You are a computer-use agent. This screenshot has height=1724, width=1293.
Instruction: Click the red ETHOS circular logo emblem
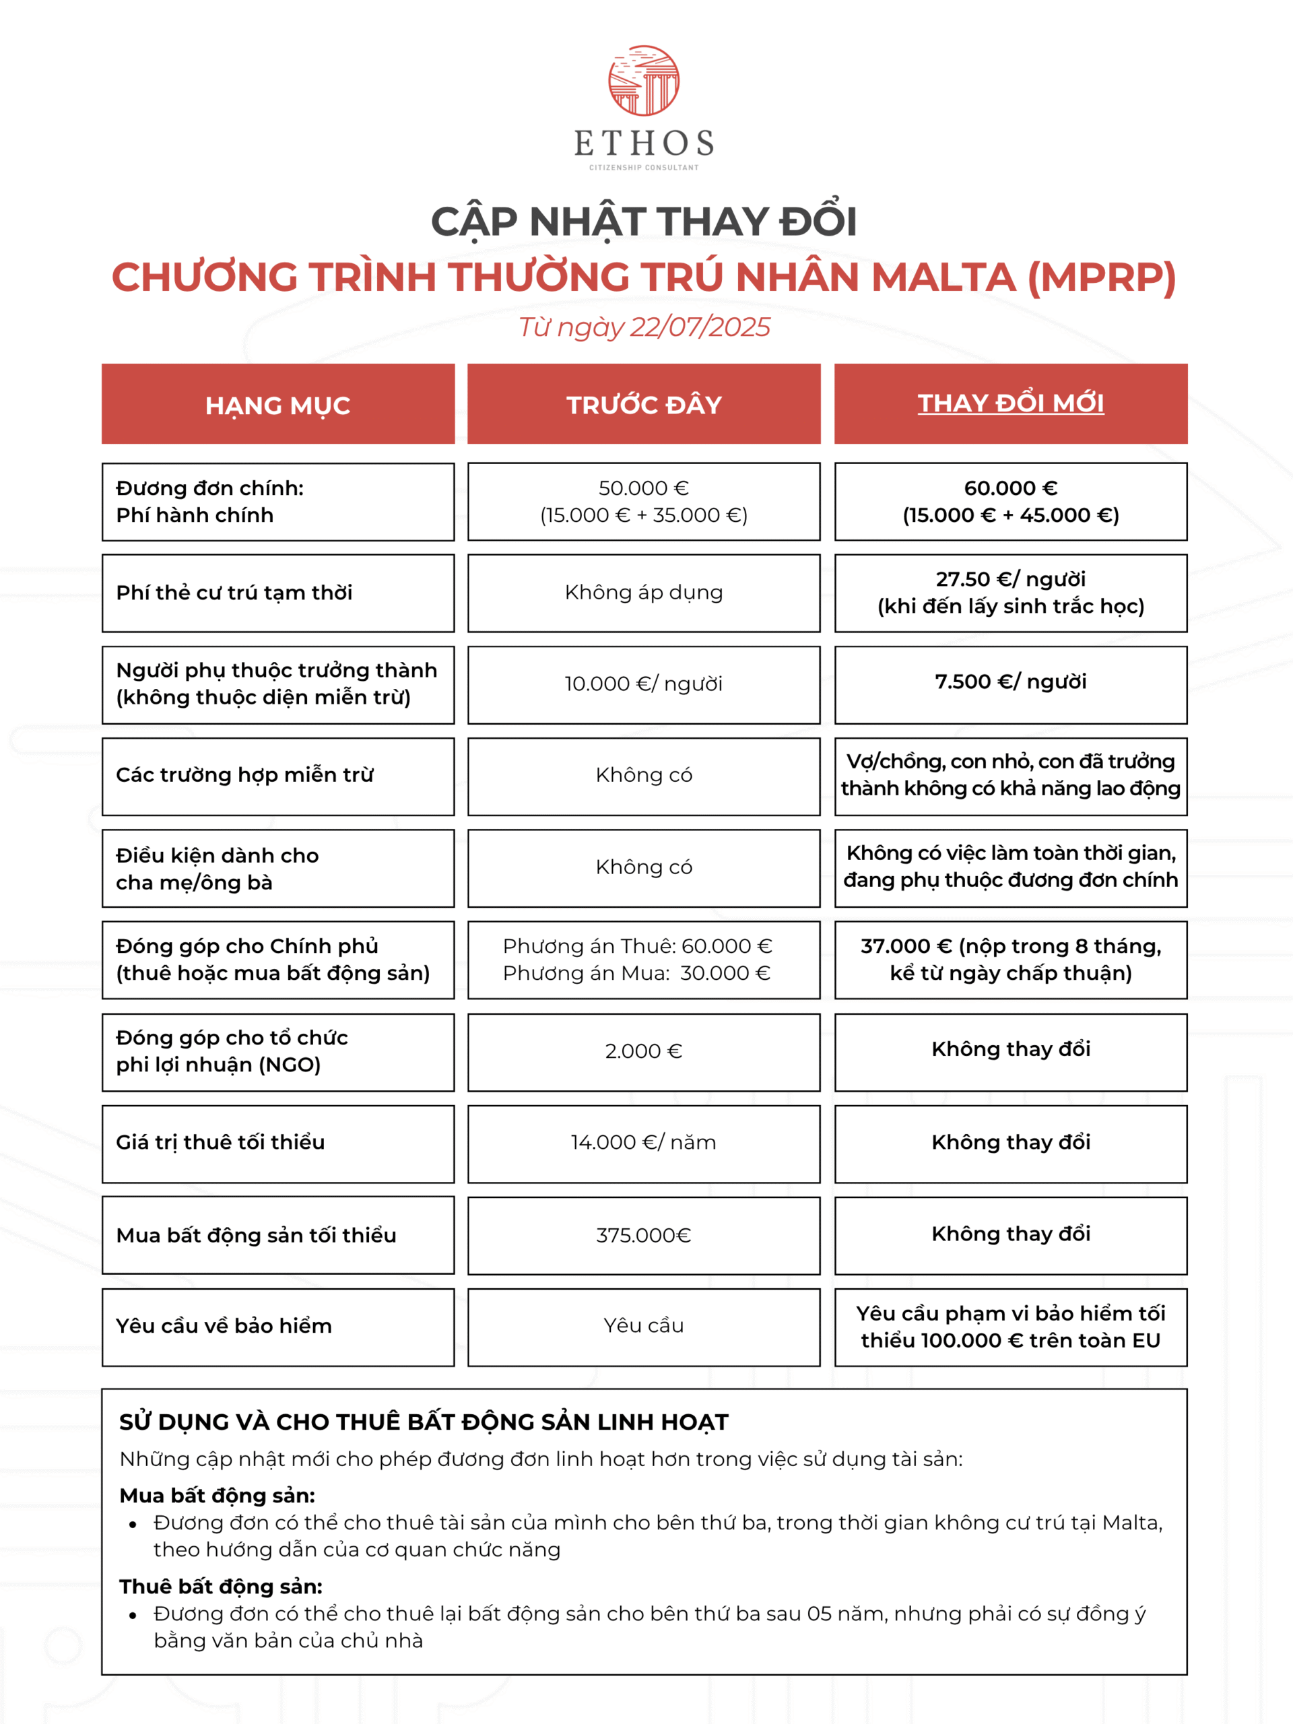[x=644, y=80]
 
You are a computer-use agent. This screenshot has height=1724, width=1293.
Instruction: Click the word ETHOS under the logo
[x=644, y=143]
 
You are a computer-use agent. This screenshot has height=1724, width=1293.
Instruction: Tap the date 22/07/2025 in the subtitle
[x=699, y=327]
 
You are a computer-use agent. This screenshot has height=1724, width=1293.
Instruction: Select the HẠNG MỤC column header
[x=277, y=405]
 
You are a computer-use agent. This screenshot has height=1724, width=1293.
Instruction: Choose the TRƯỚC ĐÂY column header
[x=644, y=405]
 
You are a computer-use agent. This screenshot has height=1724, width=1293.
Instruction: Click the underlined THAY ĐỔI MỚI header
[x=1010, y=403]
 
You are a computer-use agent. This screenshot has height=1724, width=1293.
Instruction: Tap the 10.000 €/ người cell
[x=644, y=684]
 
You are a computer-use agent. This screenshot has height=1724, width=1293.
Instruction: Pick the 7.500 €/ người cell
[x=1010, y=682]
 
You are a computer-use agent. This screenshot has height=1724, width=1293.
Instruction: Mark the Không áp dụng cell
[x=644, y=593]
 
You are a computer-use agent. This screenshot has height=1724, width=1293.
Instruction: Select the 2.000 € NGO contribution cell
[x=644, y=1051]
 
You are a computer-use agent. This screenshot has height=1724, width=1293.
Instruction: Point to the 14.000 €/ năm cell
[x=644, y=1143]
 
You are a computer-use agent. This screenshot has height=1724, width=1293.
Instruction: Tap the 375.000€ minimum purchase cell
[x=644, y=1235]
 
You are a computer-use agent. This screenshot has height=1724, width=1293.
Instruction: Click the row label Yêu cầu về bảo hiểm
[x=224, y=1327]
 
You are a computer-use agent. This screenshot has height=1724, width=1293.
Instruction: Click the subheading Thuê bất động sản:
[x=221, y=1587]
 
